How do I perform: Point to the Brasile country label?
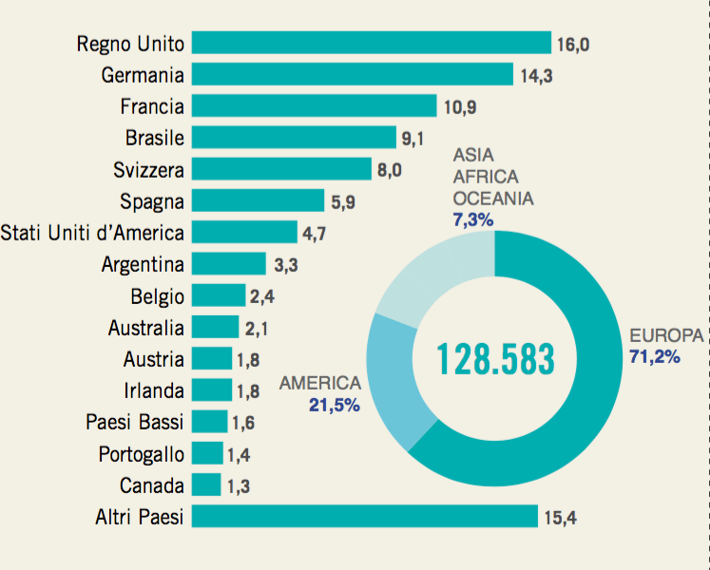click(155, 138)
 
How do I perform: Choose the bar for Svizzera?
click(281, 169)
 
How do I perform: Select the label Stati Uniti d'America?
click(92, 232)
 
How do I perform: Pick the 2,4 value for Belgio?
click(261, 296)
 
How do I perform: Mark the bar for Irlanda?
click(211, 389)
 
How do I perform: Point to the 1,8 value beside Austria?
click(249, 359)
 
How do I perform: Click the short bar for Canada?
click(206, 484)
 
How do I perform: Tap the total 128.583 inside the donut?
click(494, 358)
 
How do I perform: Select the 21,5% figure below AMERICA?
click(334, 405)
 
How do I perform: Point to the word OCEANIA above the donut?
click(492, 199)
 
